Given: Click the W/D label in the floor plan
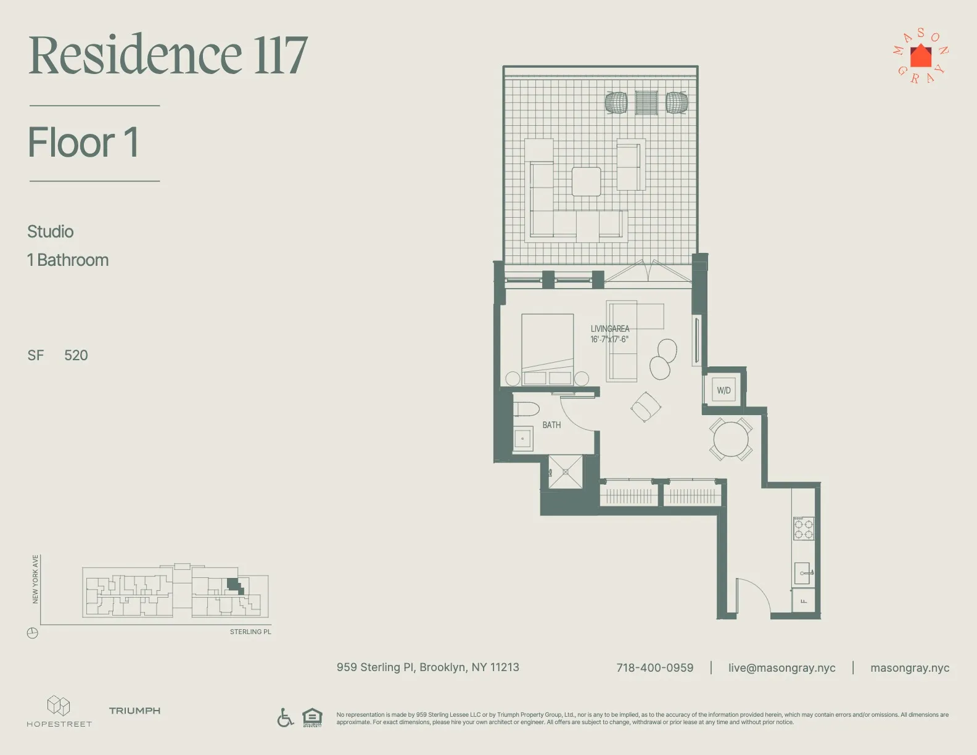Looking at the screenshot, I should [x=723, y=390].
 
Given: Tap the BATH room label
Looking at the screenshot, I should [x=551, y=425].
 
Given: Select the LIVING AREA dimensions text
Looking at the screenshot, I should [x=609, y=339].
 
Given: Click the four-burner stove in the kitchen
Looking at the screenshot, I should [x=804, y=529].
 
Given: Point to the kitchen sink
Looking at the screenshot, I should [x=802, y=573].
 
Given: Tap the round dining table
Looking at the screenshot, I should [x=730, y=439].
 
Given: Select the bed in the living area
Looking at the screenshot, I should [x=547, y=345].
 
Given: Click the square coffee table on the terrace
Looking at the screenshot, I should [x=586, y=181].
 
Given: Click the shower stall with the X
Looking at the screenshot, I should [x=565, y=472].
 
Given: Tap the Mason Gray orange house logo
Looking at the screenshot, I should [x=921, y=56].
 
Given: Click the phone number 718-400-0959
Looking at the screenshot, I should [x=654, y=668].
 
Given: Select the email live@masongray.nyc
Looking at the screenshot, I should [x=781, y=668].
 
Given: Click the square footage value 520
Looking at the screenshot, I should [x=76, y=355].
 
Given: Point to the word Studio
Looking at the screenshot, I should [x=51, y=232].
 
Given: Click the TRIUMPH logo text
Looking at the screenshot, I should [x=134, y=711].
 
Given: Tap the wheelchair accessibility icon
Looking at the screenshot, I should [x=285, y=717].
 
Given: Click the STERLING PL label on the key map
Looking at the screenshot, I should [x=250, y=632].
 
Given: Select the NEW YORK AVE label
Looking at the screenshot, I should [x=35, y=579].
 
